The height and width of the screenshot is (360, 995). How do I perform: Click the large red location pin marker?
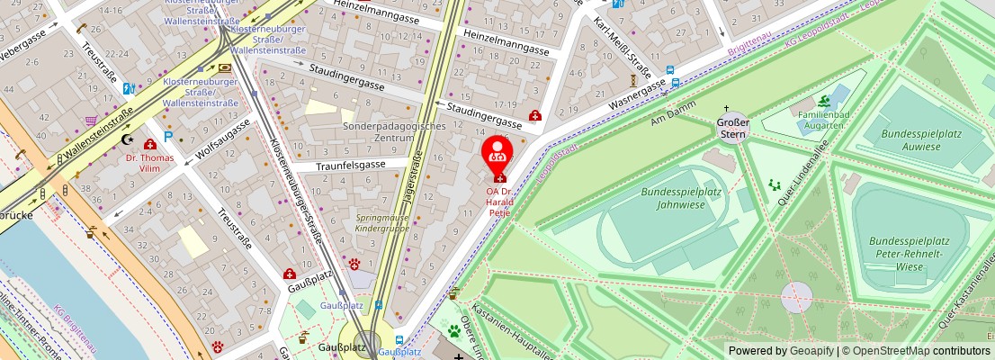click(497, 153)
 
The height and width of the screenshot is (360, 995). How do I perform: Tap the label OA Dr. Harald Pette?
click(498, 202)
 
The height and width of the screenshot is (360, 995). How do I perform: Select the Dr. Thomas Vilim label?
click(149, 164)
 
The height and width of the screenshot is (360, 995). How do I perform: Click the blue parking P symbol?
click(167, 138)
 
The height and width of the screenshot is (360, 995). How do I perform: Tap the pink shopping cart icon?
click(91, 121)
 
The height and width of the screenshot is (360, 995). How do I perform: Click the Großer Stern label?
click(732, 128)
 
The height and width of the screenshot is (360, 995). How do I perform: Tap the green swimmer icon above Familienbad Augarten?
click(824, 101)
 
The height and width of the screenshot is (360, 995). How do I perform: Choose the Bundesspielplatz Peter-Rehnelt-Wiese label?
click(910, 254)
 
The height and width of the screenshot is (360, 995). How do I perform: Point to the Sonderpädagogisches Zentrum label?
click(394, 132)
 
